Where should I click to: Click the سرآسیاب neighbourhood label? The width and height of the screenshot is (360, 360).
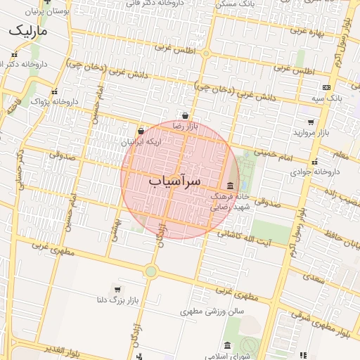coord(174,181)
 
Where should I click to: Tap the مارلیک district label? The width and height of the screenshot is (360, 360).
coord(27,32)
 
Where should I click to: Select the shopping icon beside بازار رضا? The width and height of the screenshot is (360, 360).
coord(185,117)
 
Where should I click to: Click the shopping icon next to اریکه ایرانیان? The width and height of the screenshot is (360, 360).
coord(141,131)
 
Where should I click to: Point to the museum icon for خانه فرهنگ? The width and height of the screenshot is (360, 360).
coord(231,186)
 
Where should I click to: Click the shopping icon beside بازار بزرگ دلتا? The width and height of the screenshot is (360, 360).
coord(117,289)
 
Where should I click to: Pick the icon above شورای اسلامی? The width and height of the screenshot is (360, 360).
coord(227,346)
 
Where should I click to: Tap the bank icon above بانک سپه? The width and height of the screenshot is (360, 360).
coord(326,87)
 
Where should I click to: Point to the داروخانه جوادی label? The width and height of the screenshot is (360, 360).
coord(315,171)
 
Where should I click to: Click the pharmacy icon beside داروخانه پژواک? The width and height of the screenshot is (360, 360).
coord(55,92)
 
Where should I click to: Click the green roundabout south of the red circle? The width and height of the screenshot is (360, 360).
coord(150,271)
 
